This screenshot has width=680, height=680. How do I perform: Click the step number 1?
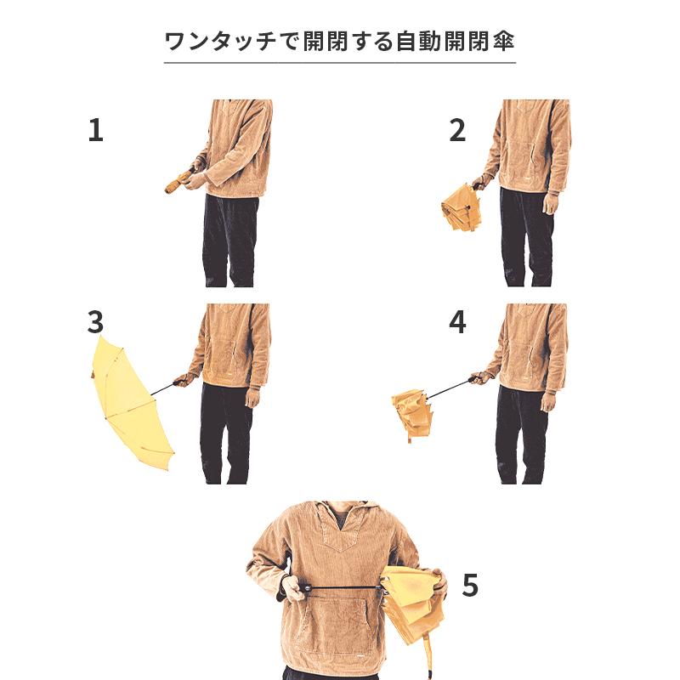[x=95, y=130]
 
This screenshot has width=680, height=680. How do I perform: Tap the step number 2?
[x=457, y=130]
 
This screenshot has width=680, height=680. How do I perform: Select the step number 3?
[x=95, y=322]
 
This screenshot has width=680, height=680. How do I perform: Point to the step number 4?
[x=457, y=322]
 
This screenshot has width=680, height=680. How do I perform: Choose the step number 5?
[x=470, y=586]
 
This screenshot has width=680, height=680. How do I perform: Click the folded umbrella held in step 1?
[x=178, y=181]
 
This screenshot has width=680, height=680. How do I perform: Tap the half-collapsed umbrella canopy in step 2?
[x=462, y=209]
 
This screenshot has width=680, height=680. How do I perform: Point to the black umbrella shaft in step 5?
[x=340, y=587]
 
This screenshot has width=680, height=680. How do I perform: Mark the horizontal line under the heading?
[x=340, y=63]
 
